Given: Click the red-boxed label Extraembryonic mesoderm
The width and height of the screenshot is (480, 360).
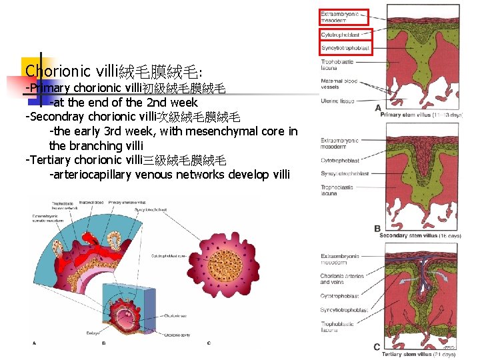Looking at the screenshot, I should point(344,17).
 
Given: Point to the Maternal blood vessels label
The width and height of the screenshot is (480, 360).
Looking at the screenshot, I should point(339,84).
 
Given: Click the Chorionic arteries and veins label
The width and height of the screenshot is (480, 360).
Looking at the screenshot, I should point(342,279).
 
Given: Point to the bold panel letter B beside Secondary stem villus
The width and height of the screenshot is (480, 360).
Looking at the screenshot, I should point(378,229).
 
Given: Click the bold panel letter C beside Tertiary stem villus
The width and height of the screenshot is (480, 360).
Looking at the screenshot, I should point(377,347).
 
